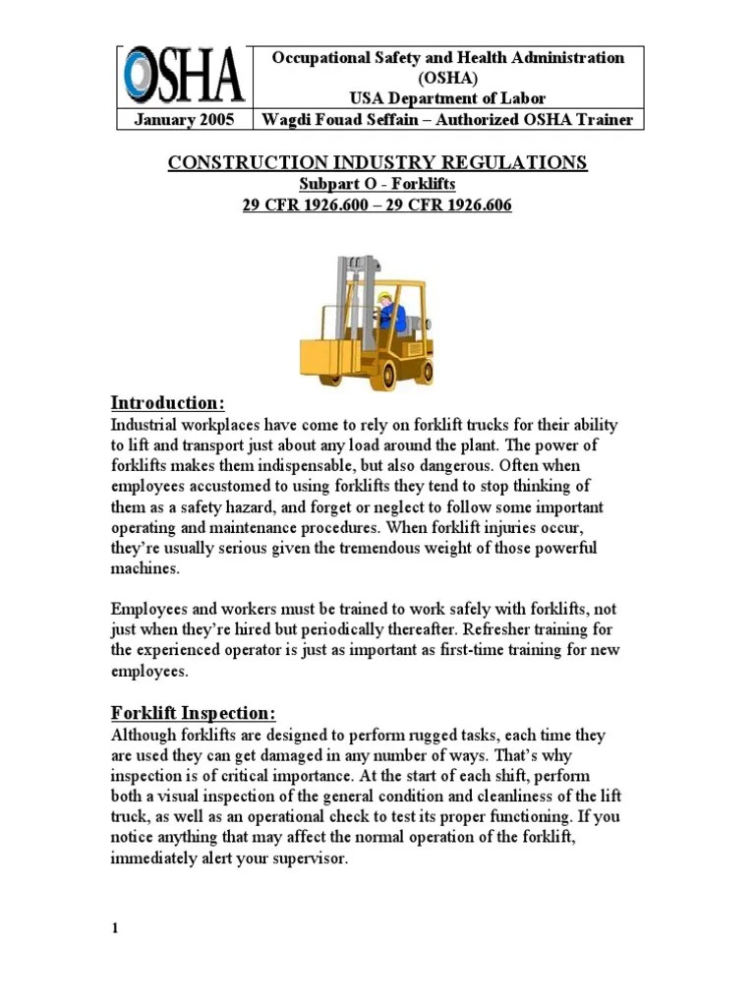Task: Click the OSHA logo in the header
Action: (183, 78)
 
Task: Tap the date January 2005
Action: (184, 120)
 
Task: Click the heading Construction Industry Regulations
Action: (377, 162)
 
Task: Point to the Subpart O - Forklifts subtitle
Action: (377, 184)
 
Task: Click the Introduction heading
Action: (168, 403)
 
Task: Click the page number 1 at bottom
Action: (115, 929)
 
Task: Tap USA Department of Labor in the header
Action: (448, 98)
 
